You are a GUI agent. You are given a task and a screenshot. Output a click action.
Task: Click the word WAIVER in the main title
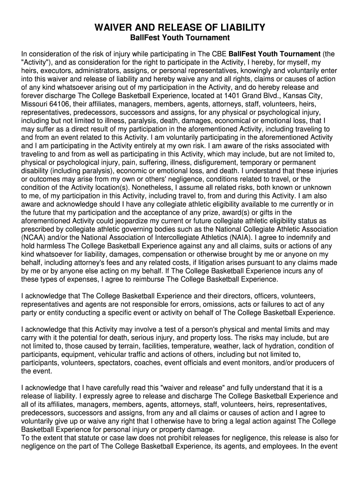tap(115, 28)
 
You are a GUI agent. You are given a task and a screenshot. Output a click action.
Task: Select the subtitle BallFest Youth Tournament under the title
tap(180, 37)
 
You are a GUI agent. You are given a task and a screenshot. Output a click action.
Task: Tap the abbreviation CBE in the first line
tap(219, 54)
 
